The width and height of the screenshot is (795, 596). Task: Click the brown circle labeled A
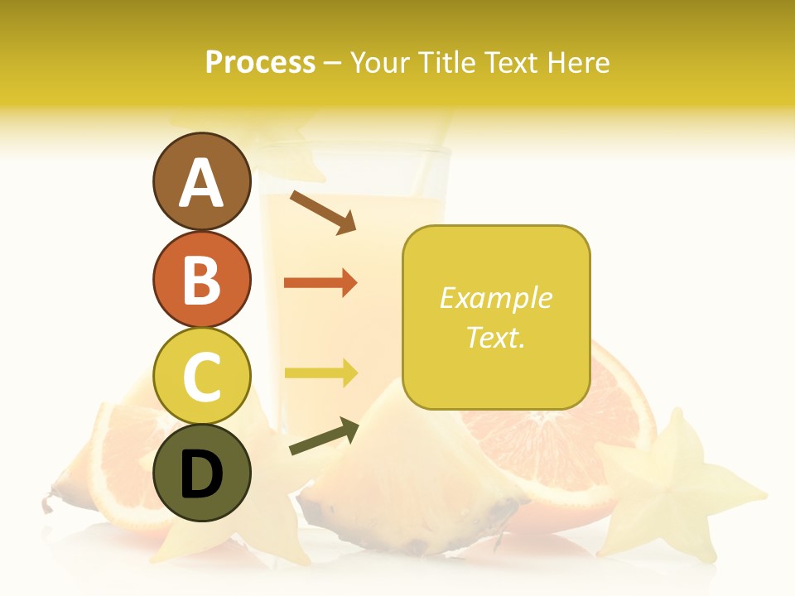201,181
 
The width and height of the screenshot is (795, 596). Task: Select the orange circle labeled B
201,279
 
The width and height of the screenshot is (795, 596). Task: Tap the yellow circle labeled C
201,376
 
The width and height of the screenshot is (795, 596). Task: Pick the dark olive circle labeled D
201,473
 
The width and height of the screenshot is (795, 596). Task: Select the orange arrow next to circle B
320,283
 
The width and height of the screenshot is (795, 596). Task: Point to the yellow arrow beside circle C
320,372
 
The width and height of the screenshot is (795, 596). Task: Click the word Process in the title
260,62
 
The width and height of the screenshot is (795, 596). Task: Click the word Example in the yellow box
495,298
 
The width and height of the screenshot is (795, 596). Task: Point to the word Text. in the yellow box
495,337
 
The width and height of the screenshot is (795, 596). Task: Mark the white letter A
201,183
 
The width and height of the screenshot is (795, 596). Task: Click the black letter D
201,474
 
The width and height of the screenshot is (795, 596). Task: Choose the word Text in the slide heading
511,62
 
